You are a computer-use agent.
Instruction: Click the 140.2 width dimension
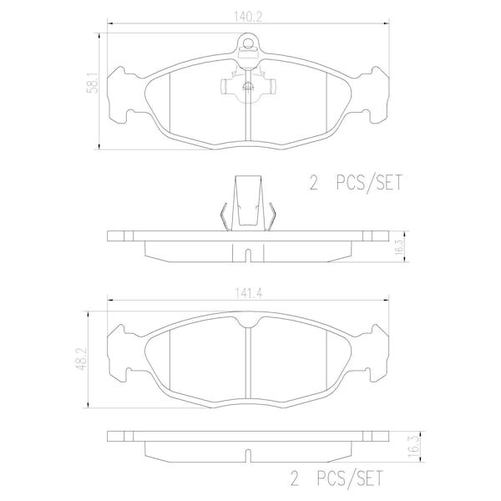point(248,17)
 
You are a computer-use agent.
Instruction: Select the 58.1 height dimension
point(94,82)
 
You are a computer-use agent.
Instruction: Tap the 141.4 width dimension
point(249,293)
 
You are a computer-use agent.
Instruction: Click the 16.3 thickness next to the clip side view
point(399,246)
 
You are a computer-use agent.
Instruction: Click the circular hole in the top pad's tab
point(248,43)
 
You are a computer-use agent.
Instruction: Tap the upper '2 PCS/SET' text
point(356,182)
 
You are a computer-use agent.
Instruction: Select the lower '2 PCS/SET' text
point(337,478)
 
